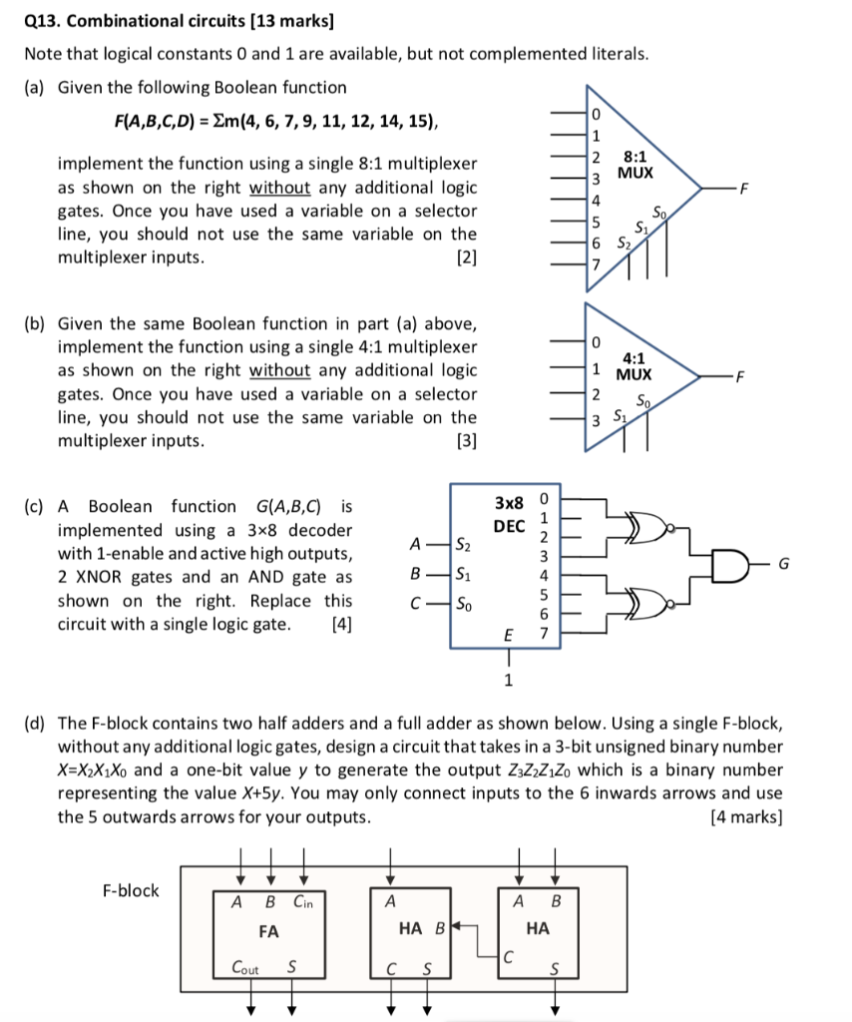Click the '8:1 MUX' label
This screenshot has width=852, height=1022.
(635, 165)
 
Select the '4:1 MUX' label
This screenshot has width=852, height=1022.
(634, 366)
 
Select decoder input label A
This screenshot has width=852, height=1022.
(413, 544)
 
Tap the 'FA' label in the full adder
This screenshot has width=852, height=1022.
(267, 931)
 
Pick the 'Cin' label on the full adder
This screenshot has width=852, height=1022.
(302, 902)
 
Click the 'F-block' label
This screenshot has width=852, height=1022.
(131, 890)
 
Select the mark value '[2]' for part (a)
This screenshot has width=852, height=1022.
(465, 257)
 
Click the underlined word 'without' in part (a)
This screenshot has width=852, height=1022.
(279, 187)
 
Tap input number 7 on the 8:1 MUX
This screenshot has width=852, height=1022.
(596, 264)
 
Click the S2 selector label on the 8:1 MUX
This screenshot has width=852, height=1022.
(624, 243)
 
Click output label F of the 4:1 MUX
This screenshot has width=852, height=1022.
(739, 376)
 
